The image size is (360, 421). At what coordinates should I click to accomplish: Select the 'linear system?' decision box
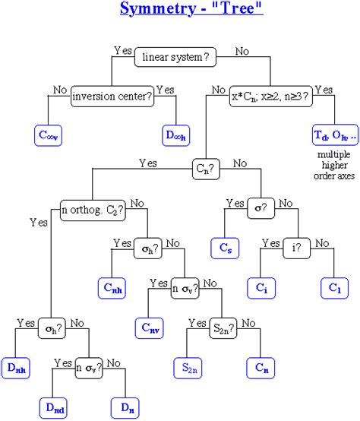173,57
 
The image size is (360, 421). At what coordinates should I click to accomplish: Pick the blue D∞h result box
176,135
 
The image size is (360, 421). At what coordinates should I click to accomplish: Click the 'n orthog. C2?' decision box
93,207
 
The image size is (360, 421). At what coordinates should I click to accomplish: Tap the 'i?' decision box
296,247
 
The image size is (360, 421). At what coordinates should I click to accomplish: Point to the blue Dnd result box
55,407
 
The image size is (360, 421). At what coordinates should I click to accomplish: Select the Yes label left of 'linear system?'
122,50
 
